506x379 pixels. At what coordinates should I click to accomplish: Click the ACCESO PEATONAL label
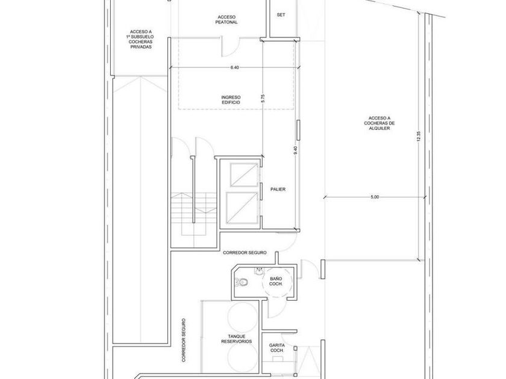226,20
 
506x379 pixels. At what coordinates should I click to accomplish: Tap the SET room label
281,15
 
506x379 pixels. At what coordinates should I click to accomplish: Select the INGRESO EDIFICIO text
231,100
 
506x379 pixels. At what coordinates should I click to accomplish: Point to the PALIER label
278,189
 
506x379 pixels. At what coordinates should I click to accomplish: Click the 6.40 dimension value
234,67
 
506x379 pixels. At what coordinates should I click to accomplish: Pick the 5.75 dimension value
263,98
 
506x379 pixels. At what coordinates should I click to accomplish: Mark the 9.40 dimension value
295,150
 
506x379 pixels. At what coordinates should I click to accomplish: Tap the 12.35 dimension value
419,137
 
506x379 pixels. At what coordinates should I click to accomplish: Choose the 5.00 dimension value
375,197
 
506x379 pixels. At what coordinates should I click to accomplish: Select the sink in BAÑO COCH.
259,272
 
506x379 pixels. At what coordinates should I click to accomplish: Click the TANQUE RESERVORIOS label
237,339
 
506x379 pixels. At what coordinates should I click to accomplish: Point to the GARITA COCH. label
277,348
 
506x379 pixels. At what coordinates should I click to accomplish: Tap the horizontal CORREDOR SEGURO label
245,253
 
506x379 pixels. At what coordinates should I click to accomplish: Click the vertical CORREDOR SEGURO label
183,340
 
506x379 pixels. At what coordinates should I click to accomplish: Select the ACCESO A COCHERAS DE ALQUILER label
379,123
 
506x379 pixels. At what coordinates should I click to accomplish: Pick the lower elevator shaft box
242,208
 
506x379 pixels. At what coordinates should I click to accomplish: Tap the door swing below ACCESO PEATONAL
230,48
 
